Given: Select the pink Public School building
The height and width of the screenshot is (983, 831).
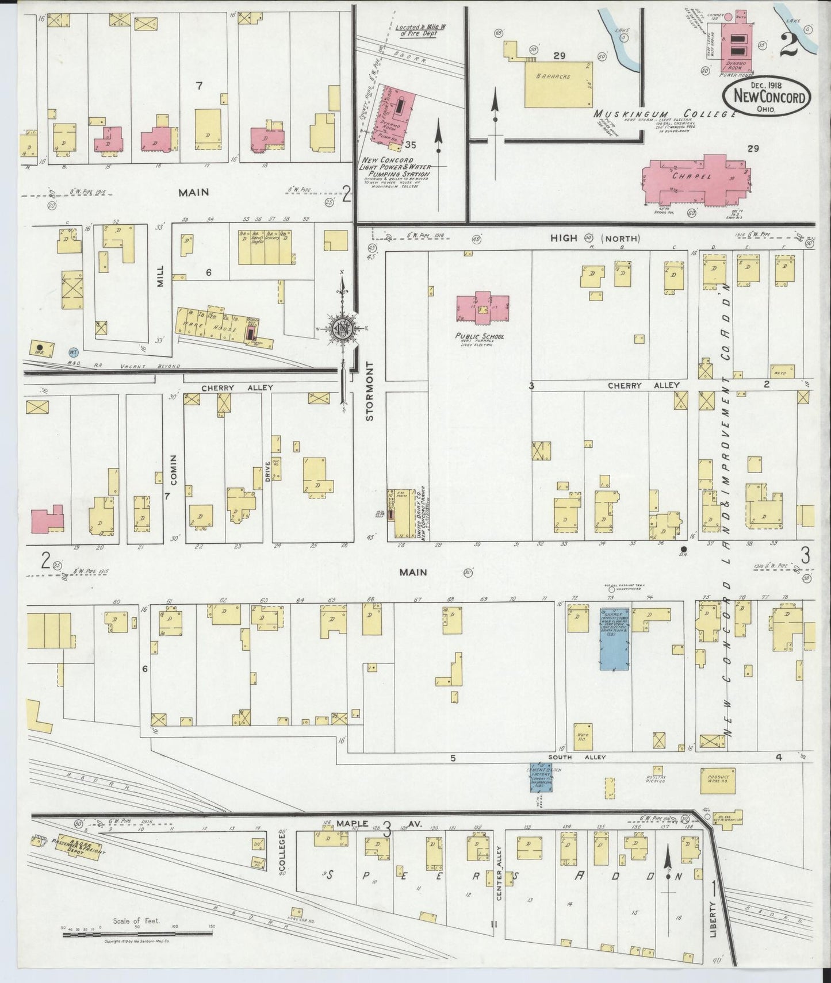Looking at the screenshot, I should click(x=482, y=308).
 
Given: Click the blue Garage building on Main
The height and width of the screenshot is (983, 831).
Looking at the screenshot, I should click(x=614, y=638).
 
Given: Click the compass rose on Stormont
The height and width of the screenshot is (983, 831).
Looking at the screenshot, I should click(x=343, y=328).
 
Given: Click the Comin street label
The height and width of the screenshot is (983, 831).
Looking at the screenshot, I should click(x=174, y=470).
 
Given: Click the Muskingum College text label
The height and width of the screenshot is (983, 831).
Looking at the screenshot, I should click(x=665, y=114).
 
